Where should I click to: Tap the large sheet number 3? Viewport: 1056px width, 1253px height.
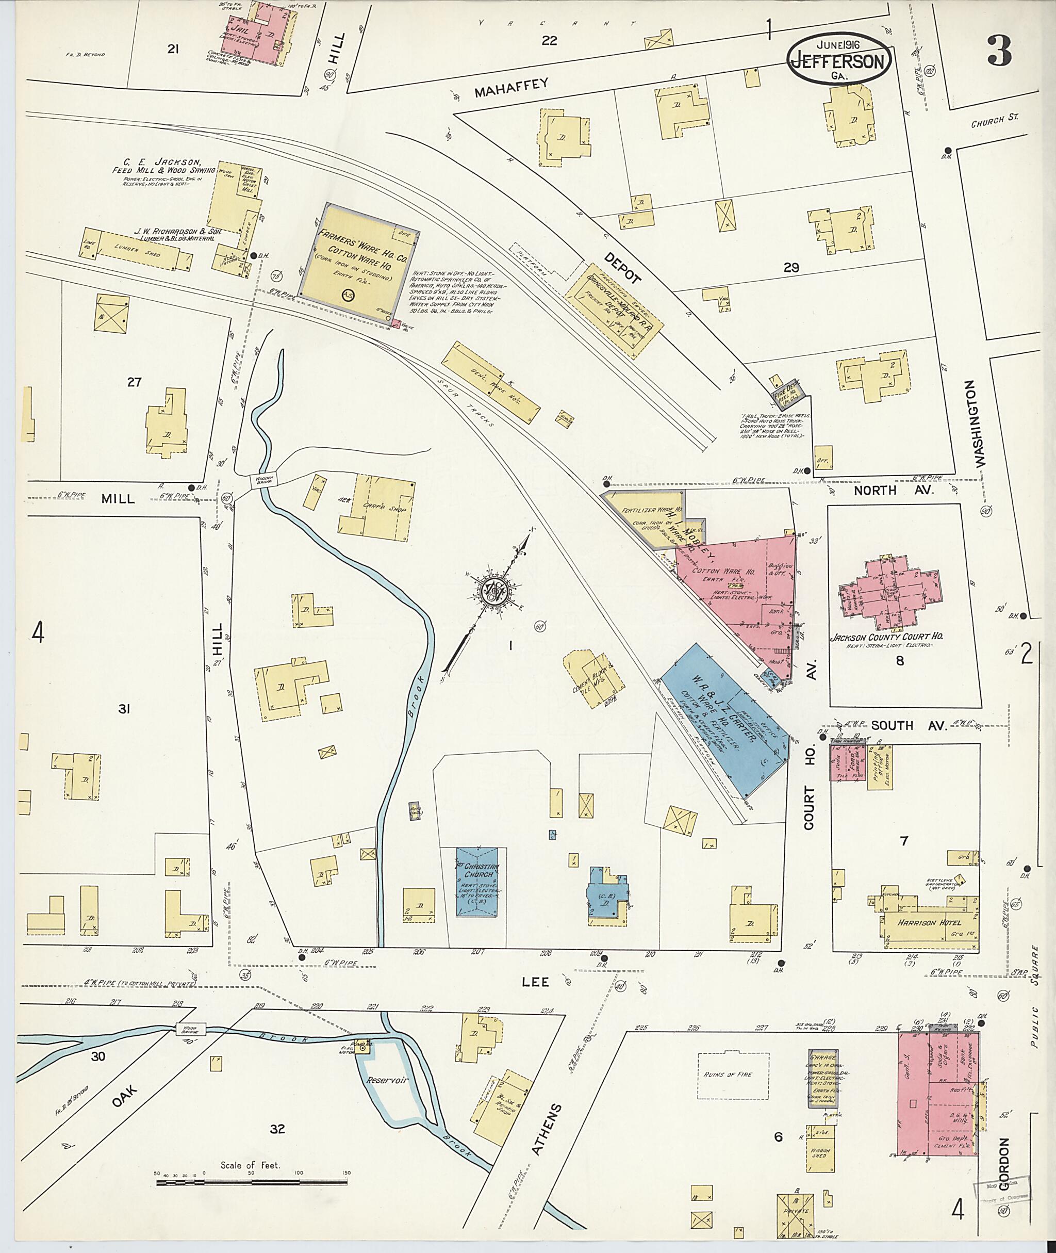point(999,52)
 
